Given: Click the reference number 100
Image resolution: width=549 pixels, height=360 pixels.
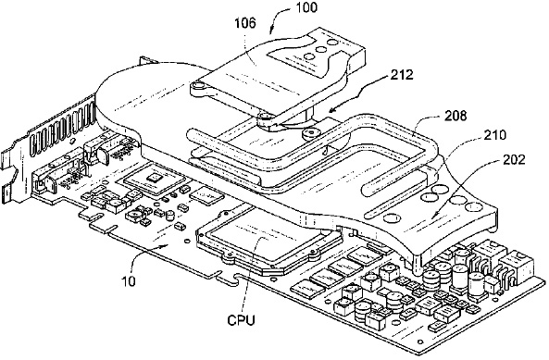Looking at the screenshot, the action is point(306,7).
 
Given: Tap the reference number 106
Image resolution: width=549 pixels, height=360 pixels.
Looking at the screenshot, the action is point(245,23).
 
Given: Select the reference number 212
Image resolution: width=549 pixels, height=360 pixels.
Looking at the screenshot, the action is point(402,75).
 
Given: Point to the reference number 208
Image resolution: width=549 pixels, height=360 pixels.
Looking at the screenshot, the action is point(455,116).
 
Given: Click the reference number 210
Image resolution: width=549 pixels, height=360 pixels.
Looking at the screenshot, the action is point(494,135).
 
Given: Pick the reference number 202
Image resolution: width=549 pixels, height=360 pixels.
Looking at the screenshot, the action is point(514,159).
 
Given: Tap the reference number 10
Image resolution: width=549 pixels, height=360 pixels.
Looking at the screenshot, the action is point(129,281).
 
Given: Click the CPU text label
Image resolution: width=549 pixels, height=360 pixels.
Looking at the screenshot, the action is point(242,320).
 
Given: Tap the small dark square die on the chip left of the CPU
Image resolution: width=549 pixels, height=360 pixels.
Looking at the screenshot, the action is point(154,178).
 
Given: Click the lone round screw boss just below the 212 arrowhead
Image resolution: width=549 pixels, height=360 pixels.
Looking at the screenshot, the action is point(311,133).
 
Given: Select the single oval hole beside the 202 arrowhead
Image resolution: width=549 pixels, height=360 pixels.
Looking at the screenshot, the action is point(390,217).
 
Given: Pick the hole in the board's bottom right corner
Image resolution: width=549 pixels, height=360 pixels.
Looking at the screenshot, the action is point(421,341).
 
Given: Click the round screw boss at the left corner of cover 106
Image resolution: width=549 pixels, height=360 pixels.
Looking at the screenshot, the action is point(198,85).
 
